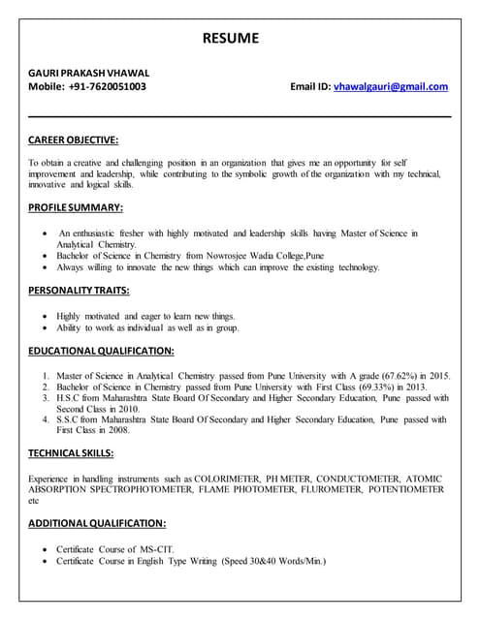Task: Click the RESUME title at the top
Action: point(231,38)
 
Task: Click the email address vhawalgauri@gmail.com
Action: point(391,86)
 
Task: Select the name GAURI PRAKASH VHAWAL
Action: point(88,72)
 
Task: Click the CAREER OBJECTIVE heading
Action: point(74,140)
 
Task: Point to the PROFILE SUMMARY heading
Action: point(76,207)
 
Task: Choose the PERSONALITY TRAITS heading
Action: point(79,290)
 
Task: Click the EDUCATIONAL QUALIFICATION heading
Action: point(101,350)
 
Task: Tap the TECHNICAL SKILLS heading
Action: point(72,452)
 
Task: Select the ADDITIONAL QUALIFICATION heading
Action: point(97,522)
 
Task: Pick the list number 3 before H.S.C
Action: point(46,397)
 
